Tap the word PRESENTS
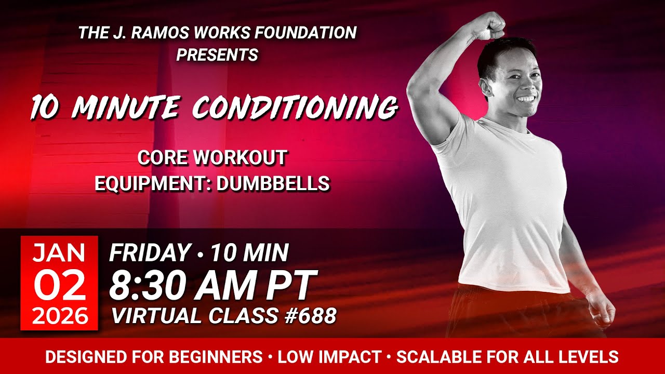(x=217, y=55)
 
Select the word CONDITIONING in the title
(x=295, y=108)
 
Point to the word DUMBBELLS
(x=273, y=183)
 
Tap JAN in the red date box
(x=59, y=253)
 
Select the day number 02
(x=59, y=286)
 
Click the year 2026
(x=59, y=316)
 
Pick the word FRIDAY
(x=150, y=253)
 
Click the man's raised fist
(x=490, y=24)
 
